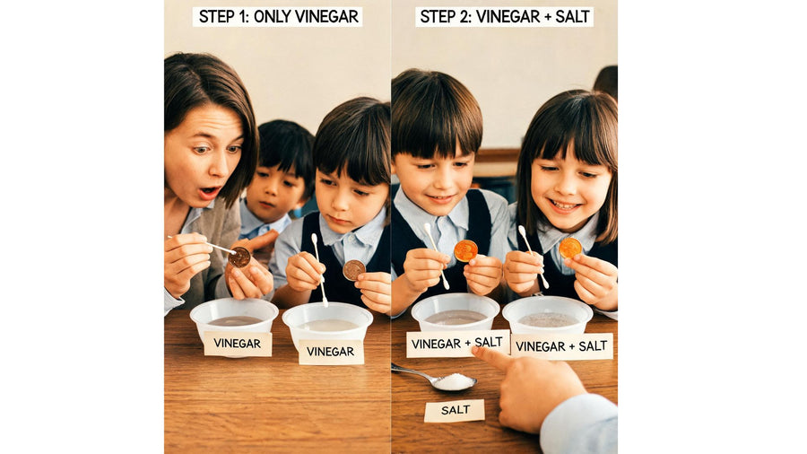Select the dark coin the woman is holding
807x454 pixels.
tap(239, 257)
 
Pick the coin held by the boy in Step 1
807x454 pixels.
tap(354, 270)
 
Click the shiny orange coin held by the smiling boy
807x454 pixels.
tap(465, 250)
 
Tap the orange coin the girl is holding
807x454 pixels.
tap(570, 248)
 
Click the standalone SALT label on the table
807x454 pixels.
tap(455, 410)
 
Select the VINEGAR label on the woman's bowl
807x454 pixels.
tap(238, 344)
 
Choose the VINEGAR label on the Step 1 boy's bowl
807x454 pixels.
tap(330, 352)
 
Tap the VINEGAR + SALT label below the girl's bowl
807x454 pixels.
tap(561, 346)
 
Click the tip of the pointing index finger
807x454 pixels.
tap(475, 350)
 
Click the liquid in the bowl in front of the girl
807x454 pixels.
tap(548, 319)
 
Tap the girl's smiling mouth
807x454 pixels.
tap(563, 205)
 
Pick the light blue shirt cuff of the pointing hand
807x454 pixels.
tap(580, 423)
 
